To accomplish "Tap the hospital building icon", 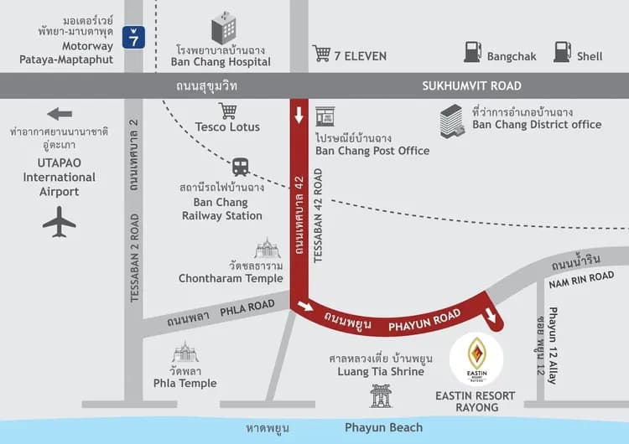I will point(224,28).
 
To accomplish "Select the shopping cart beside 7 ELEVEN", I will point(321,54).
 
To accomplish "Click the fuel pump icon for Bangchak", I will point(472,51).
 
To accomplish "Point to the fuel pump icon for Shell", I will point(561,51).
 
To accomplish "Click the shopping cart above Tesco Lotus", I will point(227,111).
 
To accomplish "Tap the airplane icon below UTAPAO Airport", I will point(59,222).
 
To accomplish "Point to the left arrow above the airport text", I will point(60,114).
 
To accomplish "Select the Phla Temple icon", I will point(185,352).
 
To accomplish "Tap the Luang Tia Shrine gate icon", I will point(382,395).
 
